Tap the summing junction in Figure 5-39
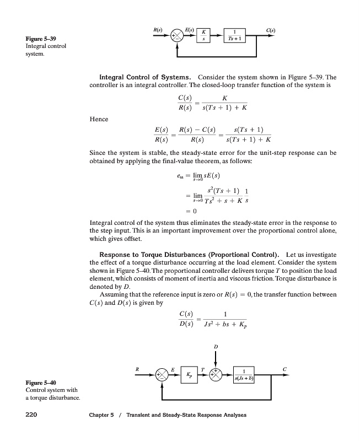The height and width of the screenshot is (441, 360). coord(178,36)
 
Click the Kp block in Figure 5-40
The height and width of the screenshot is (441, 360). coord(189,373)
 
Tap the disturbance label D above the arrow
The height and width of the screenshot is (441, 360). coord(216,346)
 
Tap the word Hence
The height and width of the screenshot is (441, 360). coord(99,119)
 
